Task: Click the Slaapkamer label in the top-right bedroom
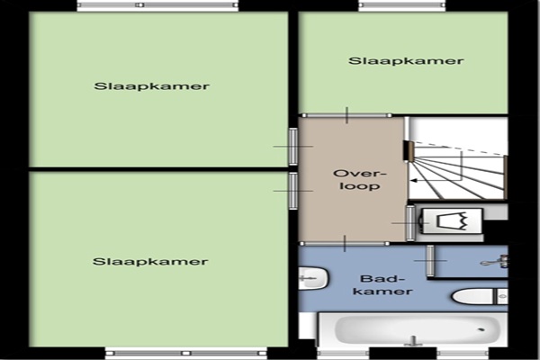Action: [x=406, y=61]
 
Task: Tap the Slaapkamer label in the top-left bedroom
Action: [x=151, y=85]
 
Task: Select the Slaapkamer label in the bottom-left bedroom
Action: [x=150, y=262]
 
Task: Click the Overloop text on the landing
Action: [x=360, y=179]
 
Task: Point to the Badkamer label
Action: [x=382, y=285]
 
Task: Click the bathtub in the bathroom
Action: [x=413, y=329]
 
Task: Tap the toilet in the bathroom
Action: [x=480, y=296]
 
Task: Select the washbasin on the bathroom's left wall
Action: [x=313, y=278]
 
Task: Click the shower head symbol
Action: [x=495, y=262]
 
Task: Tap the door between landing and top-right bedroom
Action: [x=346, y=115]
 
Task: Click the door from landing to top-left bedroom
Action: [x=292, y=147]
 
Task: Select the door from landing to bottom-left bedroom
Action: [x=292, y=191]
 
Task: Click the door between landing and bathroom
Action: [x=345, y=244]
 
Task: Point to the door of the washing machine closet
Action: [x=410, y=223]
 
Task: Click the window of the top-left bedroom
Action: [x=157, y=5]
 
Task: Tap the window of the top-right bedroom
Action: [x=402, y=5]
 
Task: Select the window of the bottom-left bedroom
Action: [x=186, y=353]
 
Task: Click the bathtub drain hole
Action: [x=481, y=329]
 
